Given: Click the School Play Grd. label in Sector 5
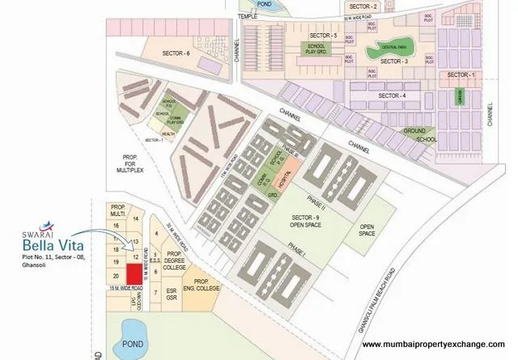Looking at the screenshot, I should [315, 49].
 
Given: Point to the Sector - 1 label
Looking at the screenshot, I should [460, 75].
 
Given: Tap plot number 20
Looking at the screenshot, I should [117, 276].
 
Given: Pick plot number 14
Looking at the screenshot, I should [136, 219].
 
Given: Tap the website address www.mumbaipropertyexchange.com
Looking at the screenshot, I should [432, 343].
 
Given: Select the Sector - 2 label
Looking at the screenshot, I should [409, 6].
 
